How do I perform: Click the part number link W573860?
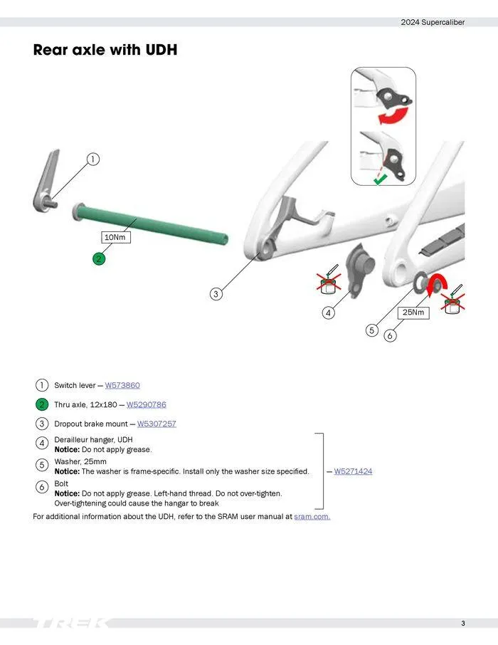pos(122,385)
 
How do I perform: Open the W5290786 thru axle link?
pos(146,404)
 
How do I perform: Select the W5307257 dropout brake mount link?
pos(157,424)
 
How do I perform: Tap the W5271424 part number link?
pos(353,471)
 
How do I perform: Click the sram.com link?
pos(312,516)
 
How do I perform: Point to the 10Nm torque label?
pos(115,237)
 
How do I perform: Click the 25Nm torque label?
pos(413,312)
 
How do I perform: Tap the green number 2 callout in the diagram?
pos(99,258)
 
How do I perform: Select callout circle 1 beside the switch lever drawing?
pos(92,159)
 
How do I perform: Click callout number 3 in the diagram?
pos(217,293)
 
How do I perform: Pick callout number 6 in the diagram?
pos(390,335)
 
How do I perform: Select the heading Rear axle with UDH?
pos(105,51)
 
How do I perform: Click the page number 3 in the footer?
pos(462,624)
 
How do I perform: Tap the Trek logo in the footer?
pos(71,624)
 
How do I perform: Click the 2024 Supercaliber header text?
pos(433,22)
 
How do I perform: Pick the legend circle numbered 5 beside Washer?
pos(42,465)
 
